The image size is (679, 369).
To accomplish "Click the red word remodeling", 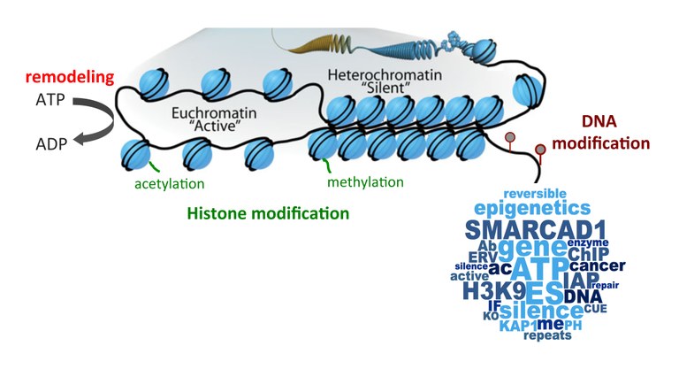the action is click(x=70, y=77).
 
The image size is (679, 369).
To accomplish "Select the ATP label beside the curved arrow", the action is click(x=50, y=100).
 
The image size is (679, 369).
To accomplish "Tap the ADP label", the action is click(x=51, y=144).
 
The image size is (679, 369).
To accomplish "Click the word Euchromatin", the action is click(x=214, y=113).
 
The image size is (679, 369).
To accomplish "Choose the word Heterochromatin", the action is click(x=385, y=75).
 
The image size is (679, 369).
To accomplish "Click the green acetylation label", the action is click(x=170, y=184).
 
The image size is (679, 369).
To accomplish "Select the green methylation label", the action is click(x=365, y=182).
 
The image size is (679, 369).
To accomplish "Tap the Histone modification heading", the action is click(x=268, y=213).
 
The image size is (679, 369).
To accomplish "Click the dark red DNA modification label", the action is click(x=600, y=132).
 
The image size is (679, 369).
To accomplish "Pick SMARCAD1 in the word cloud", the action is click(x=535, y=230).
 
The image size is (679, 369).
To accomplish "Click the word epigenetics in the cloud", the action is click(x=532, y=208).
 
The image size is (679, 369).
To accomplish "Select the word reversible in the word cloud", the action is click(x=535, y=194).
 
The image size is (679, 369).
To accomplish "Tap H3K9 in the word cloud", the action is click(x=494, y=291).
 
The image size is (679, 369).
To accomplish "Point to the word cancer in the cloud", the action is click(x=597, y=265).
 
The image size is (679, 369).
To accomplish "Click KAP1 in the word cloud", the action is click(x=518, y=326).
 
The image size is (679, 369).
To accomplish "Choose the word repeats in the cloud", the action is click(x=547, y=335).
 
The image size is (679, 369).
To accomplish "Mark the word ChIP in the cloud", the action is click(x=588, y=254).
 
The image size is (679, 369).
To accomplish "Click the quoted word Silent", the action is click(x=385, y=88).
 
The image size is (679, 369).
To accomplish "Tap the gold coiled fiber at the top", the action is click(x=316, y=44).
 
